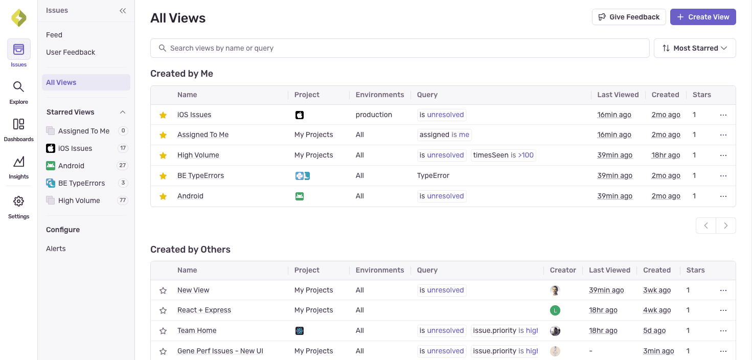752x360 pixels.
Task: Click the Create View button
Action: pyautogui.click(x=703, y=17)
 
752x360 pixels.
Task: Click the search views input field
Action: pyautogui.click(x=399, y=48)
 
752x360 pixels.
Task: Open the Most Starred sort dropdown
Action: pyautogui.click(x=695, y=48)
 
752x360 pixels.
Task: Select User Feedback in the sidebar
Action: pyautogui.click(x=71, y=52)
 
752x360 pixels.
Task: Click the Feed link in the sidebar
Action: pyautogui.click(x=54, y=35)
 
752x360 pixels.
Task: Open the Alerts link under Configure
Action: pyautogui.click(x=56, y=249)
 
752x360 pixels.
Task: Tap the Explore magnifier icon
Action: pyautogui.click(x=19, y=87)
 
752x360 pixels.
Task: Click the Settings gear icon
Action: pyautogui.click(x=19, y=201)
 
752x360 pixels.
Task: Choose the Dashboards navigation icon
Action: pyautogui.click(x=19, y=124)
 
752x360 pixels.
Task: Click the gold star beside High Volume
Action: pyautogui.click(x=163, y=155)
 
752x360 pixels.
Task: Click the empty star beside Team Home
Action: pyautogui.click(x=163, y=331)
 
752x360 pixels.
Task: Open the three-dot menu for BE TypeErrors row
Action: pyautogui.click(x=723, y=175)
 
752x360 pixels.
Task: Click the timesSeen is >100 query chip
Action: pyautogui.click(x=503, y=155)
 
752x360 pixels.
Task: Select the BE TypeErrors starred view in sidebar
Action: pyautogui.click(x=81, y=183)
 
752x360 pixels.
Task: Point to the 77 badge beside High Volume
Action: pyautogui.click(x=123, y=200)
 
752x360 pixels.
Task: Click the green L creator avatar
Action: pyautogui.click(x=555, y=310)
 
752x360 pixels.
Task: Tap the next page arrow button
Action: pyautogui.click(x=725, y=226)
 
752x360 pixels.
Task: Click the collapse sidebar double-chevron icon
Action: pyautogui.click(x=123, y=11)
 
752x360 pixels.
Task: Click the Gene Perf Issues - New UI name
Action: pyautogui.click(x=220, y=351)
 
